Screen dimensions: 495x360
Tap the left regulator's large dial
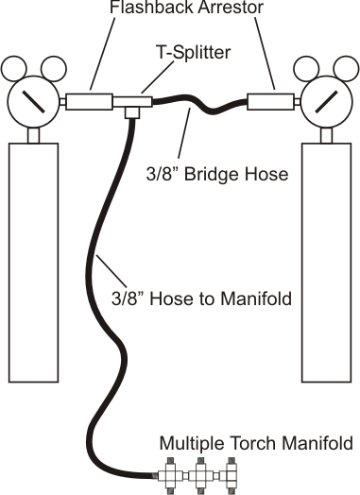pyautogui.click(x=32, y=98)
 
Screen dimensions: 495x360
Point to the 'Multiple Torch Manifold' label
pyautogui.click(x=255, y=441)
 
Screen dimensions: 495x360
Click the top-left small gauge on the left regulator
pyautogui.click(x=14, y=68)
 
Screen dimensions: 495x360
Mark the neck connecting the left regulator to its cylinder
pyautogui.click(x=33, y=134)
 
